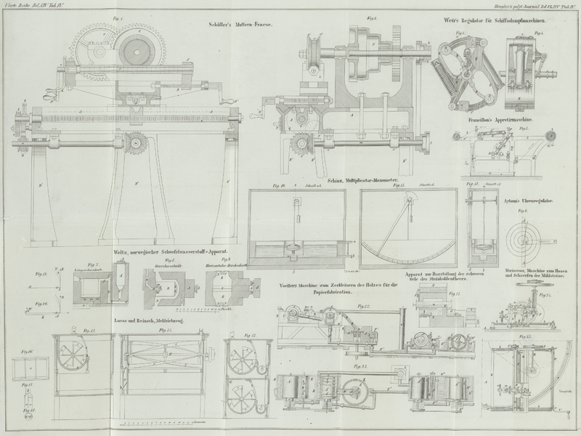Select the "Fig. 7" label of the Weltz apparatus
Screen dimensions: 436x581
pos(92,265)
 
